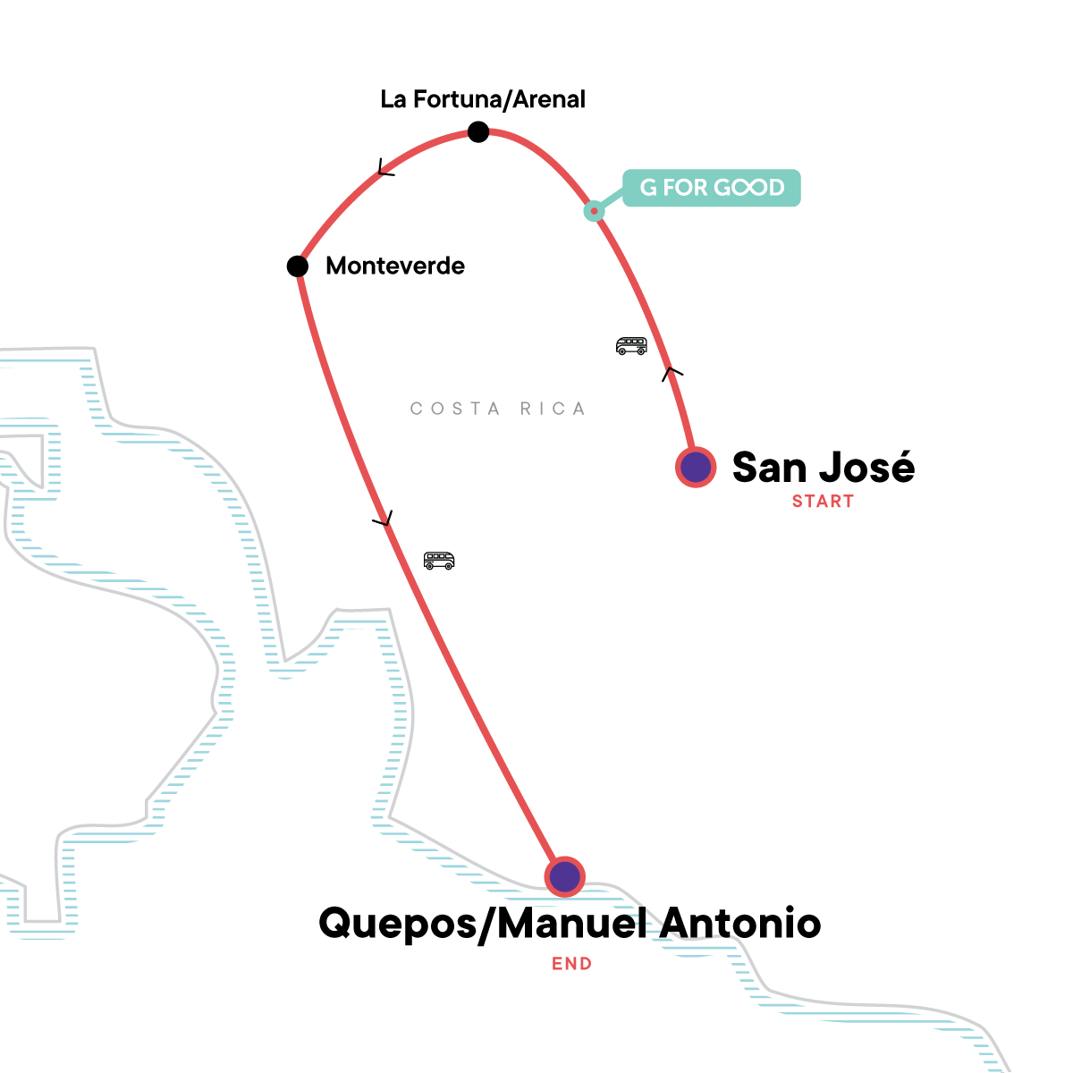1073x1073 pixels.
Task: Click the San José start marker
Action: (696, 467)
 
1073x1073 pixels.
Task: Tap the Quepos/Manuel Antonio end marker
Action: (564, 876)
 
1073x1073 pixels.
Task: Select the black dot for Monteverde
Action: (298, 266)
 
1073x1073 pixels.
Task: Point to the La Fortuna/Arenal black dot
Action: (478, 132)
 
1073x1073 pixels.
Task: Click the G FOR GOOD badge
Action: (712, 188)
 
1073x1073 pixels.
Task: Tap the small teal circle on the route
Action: (594, 211)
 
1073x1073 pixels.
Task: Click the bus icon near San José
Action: (631, 346)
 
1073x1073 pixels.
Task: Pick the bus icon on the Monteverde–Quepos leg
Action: (439, 561)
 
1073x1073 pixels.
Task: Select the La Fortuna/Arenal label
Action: (483, 99)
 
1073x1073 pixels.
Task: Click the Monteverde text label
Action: (395, 266)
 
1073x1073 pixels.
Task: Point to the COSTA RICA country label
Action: (498, 409)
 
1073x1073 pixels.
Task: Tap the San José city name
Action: (824, 467)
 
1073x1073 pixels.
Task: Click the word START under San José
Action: (823, 502)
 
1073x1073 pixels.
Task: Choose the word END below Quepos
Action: (571, 964)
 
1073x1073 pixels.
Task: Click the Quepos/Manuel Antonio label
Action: (570, 923)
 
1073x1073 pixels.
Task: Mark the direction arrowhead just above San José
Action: (672, 372)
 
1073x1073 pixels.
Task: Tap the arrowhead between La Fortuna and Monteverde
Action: (385, 168)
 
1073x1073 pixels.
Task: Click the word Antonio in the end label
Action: (739, 923)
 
